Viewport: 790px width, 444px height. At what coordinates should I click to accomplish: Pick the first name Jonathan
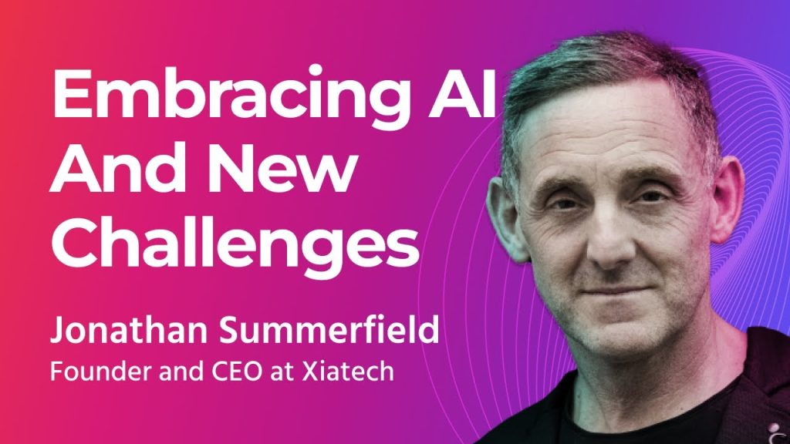pyautogui.click(x=129, y=330)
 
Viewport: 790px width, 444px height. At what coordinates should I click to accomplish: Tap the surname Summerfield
pyautogui.click(x=329, y=330)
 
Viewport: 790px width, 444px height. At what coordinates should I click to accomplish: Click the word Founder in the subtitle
pyautogui.click(x=102, y=372)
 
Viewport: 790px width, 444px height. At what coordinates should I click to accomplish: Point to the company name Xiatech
pyautogui.click(x=348, y=372)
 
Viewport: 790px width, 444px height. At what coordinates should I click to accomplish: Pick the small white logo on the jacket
pyautogui.click(x=774, y=429)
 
